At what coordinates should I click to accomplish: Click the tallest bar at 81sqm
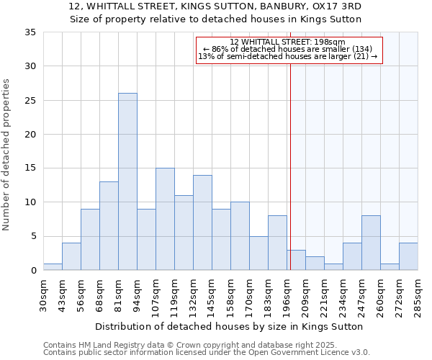coord(127,181)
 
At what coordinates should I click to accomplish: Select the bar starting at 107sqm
coord(165,219)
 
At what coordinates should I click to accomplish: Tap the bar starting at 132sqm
coord(202,222)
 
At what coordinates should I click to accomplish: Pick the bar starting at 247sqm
coord(371,243)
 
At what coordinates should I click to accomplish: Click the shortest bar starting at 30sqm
coord(53,266)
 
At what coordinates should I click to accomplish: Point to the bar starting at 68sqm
coord(109,225)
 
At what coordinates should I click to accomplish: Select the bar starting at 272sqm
coord(408,256)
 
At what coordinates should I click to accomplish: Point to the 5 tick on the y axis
coord(33,236)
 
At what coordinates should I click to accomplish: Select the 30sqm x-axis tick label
coord(44,294)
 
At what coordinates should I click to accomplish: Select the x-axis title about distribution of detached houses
coord(229,326)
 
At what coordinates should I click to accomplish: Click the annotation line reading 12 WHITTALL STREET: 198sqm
coord(288,42)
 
